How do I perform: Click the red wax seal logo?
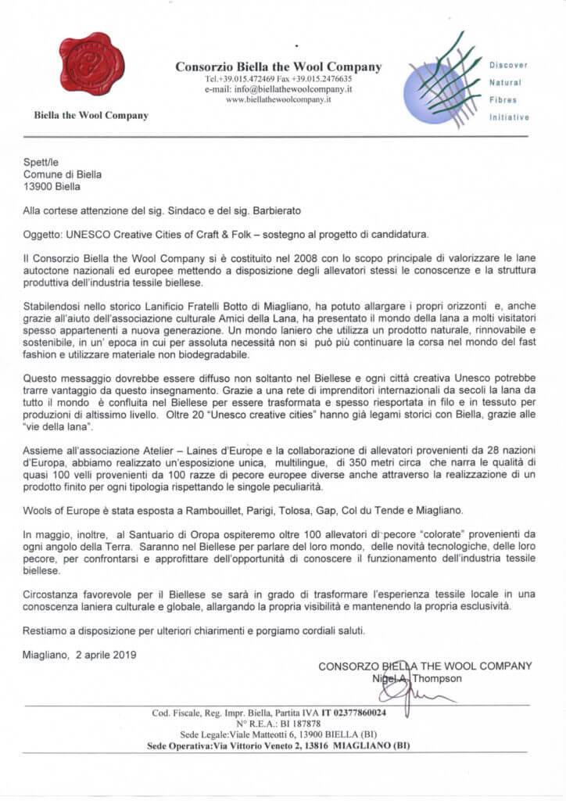click(91, 63)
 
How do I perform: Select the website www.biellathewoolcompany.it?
click(279, 100)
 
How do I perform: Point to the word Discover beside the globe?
click(509, 66)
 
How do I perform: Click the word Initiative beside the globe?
click(509, 117)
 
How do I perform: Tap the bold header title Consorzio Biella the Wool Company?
click(278, 66)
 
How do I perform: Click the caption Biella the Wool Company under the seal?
click(91, 116)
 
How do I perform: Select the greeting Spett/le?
click(35, 162)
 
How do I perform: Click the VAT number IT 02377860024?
click(364, 713)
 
